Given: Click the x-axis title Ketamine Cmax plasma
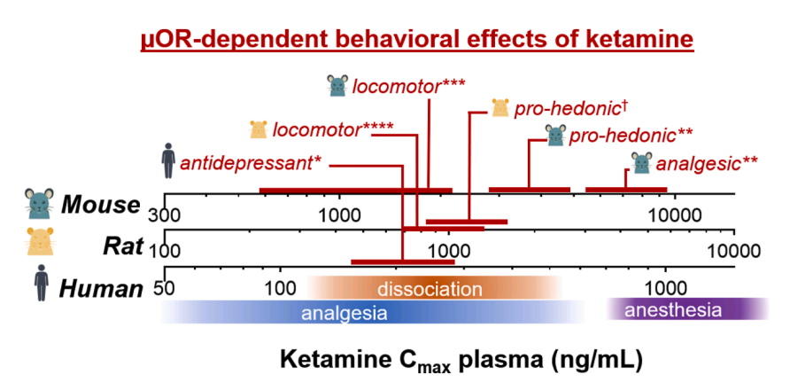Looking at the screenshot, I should (461, 360).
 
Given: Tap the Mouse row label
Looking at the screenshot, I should (100, 205).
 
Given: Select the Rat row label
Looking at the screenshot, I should (122, 246).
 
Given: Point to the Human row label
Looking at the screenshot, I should (100, 288).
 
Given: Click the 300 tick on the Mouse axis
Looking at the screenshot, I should (165, 215).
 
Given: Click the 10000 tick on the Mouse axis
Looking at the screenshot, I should (676, 215).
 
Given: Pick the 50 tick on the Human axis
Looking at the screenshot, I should (164, 288).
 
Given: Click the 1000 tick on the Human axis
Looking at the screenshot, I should (665, 288).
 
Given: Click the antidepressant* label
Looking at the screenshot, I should (251, 164).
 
